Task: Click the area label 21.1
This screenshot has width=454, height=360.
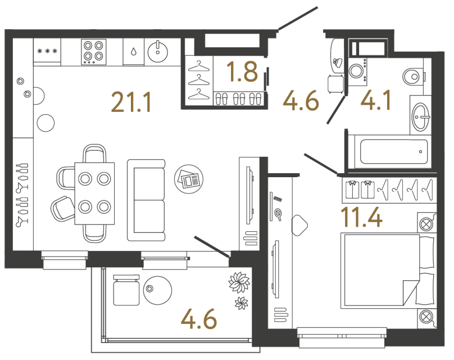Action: [x=131, y=102]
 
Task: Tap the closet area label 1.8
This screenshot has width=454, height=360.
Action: [x=242, y=71]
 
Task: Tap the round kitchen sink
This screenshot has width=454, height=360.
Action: [x=158, y=51]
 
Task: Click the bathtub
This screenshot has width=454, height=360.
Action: [x=393, y=151]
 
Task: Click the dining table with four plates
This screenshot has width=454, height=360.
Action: [x=94, y=193]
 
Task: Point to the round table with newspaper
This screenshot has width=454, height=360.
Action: [x=189, y=179]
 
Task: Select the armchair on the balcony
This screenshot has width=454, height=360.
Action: [x=125, y=290]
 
